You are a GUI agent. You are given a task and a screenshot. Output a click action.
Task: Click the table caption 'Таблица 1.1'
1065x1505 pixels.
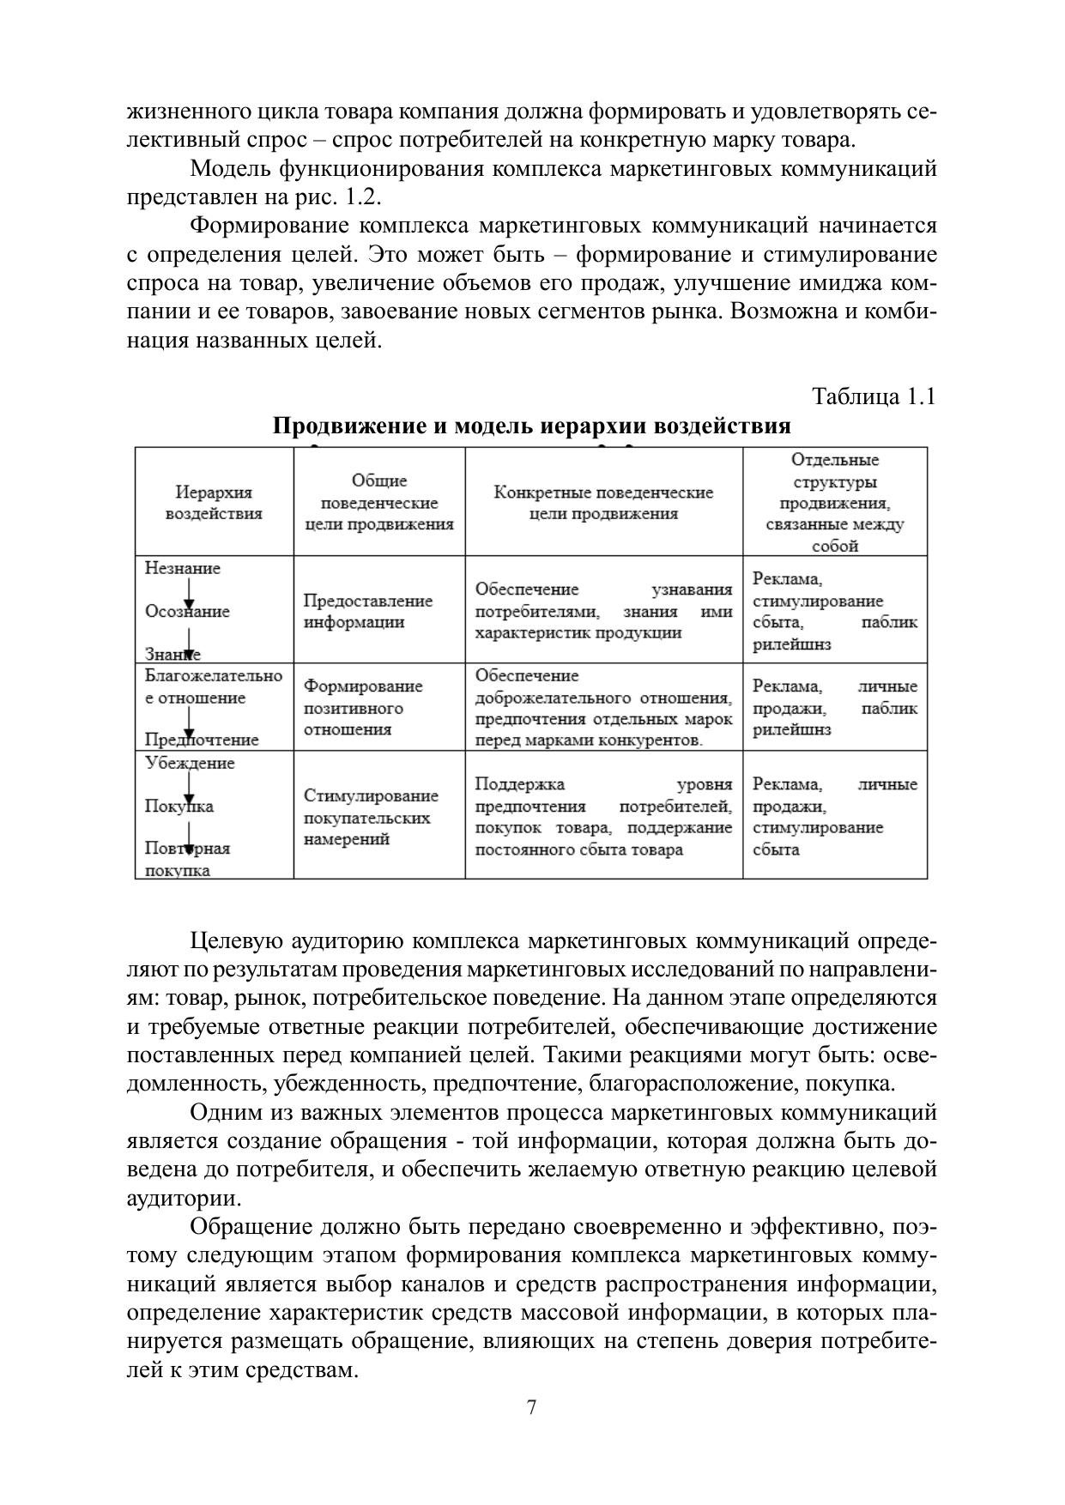click(873, 397)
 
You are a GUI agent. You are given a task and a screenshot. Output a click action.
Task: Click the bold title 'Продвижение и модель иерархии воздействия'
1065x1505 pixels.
click(531, 426)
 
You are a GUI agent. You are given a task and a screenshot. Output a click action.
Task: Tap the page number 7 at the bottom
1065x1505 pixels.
click(532, 1408)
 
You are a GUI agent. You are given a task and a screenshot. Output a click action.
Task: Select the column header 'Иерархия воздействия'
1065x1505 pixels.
click(214, 503)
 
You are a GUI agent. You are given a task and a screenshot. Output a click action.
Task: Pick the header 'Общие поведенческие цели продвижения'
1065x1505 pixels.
click(379, 503)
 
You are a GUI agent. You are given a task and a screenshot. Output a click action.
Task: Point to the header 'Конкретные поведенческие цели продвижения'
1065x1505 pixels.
click(603, 503)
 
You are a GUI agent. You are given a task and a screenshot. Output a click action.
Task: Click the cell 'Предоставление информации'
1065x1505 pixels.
click(368, 611)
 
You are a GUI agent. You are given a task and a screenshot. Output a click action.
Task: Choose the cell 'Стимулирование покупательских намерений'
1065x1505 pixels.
click(371, 817)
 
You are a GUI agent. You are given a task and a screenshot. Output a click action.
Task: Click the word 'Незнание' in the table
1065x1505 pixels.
click(183, 569)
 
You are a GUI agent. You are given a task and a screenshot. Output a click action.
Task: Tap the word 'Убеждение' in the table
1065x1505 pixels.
click(190, 763)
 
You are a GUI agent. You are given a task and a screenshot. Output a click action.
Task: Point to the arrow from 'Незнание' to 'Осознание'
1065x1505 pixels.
click(189, 592)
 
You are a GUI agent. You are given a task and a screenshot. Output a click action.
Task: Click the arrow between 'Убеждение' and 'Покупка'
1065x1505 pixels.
click(189, 786)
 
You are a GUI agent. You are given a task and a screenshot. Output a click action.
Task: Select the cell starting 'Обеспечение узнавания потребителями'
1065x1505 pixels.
click(603, 611)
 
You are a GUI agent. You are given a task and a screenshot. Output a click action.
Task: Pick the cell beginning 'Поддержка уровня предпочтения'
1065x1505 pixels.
click(603, 817)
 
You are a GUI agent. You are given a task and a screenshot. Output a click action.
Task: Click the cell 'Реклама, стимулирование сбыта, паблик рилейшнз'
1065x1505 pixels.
click(834, 611)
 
